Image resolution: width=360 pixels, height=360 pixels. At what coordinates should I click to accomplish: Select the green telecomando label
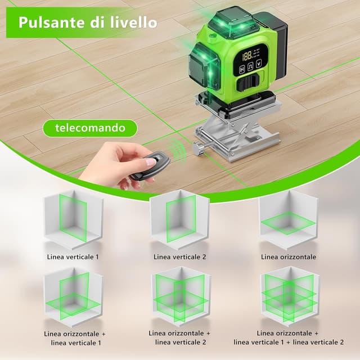tap(91, 128)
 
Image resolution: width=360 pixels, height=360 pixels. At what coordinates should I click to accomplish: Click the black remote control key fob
tap(150, 165)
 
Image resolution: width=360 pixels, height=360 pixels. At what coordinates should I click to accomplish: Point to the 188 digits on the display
tap(247, 56)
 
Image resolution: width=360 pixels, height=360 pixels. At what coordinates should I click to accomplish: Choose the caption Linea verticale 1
tap(73, 256)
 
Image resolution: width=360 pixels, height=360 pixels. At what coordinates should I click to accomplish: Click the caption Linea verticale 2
tap(180, 256)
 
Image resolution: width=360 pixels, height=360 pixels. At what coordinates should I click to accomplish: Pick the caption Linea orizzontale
tap(289, 256)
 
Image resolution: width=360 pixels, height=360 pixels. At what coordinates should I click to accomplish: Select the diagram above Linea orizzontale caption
tap(289, 220)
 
